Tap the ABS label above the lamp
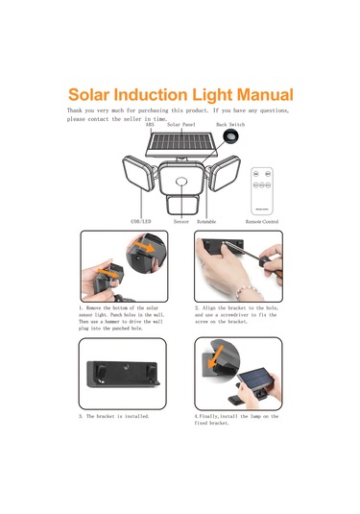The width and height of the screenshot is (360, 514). click(150, 125)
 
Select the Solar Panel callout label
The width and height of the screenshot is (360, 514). click(182, 125)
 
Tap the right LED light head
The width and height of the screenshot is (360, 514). click(225, 179)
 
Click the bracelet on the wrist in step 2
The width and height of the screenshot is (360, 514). click(230, 287)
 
